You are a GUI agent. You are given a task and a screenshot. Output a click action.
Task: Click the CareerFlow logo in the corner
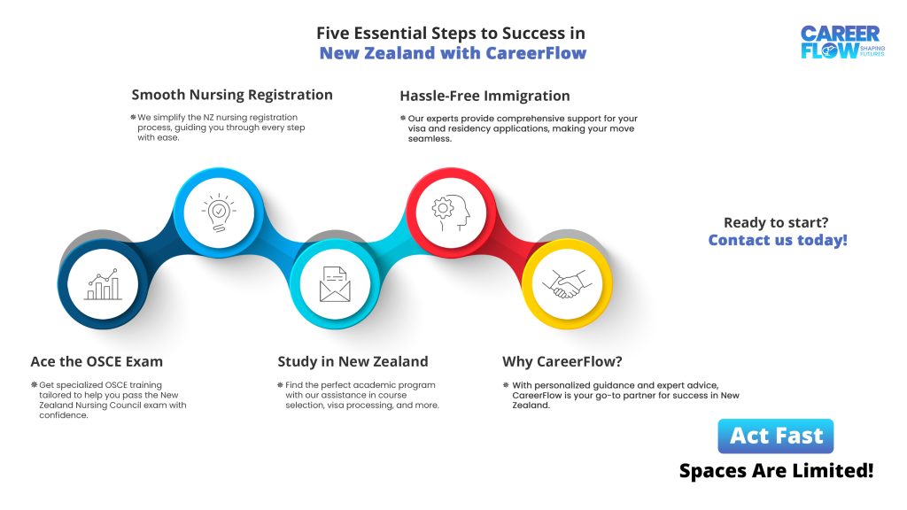point(842,42)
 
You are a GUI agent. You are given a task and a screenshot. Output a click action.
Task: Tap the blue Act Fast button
point(776,436)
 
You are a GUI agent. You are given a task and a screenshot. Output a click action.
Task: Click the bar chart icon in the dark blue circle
point(103,284)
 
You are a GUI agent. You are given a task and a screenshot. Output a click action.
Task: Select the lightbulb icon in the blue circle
point(219,212)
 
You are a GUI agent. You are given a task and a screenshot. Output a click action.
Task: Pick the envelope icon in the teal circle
point(335,284)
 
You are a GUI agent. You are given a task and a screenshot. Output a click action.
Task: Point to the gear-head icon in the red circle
point(451,212)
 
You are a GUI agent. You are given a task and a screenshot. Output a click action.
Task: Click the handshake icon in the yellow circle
point(567,284)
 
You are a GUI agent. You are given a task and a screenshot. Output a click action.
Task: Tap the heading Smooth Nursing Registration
point(232,95)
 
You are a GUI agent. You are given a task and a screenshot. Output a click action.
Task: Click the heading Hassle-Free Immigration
point(485,96)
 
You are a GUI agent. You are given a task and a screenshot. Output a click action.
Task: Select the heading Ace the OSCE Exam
point(97,361)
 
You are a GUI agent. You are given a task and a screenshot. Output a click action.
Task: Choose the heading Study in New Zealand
point(353,361)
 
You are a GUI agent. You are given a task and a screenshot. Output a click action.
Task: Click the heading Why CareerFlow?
point(562,361)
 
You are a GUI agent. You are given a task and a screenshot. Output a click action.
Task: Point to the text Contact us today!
point(778,240)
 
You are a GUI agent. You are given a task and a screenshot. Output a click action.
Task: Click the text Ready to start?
point(776,222)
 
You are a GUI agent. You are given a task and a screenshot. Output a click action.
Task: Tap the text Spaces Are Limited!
point(776,471)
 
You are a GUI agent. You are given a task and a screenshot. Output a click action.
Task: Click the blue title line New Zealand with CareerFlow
point(453,53)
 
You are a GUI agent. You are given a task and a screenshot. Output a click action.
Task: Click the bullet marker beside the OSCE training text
point(35,384)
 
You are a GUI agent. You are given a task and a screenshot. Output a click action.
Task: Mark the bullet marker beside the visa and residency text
point(403,118)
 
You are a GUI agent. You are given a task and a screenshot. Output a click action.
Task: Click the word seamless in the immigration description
point(430,139)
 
